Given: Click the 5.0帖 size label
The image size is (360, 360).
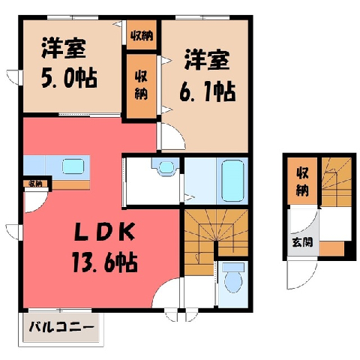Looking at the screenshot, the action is click(69, 78).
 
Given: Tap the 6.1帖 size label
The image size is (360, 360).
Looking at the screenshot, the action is click(208, 91).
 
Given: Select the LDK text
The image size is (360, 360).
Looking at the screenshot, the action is click(105, 232).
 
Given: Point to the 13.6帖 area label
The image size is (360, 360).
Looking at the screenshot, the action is click(105, 262).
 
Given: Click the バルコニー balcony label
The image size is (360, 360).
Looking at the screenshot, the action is click(61, 327).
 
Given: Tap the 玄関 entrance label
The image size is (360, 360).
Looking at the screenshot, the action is click(302, 242).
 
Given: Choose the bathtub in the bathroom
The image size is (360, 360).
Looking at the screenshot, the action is click(232, 181).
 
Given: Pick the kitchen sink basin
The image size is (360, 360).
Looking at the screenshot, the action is click(73, 166).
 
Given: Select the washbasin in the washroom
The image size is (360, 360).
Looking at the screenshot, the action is click(166, 167).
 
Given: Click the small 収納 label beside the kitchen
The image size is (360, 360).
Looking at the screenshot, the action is click(35, 184).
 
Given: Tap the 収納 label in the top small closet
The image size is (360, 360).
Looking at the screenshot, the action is click(142, 37).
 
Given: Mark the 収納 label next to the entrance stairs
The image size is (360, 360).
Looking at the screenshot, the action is click(302, 181).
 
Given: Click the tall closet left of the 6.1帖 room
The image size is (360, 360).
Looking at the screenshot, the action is click(142, 86).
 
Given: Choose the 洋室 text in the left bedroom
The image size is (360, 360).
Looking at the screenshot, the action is click(64, 48).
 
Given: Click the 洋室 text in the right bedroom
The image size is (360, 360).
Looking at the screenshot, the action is click(207, 60).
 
